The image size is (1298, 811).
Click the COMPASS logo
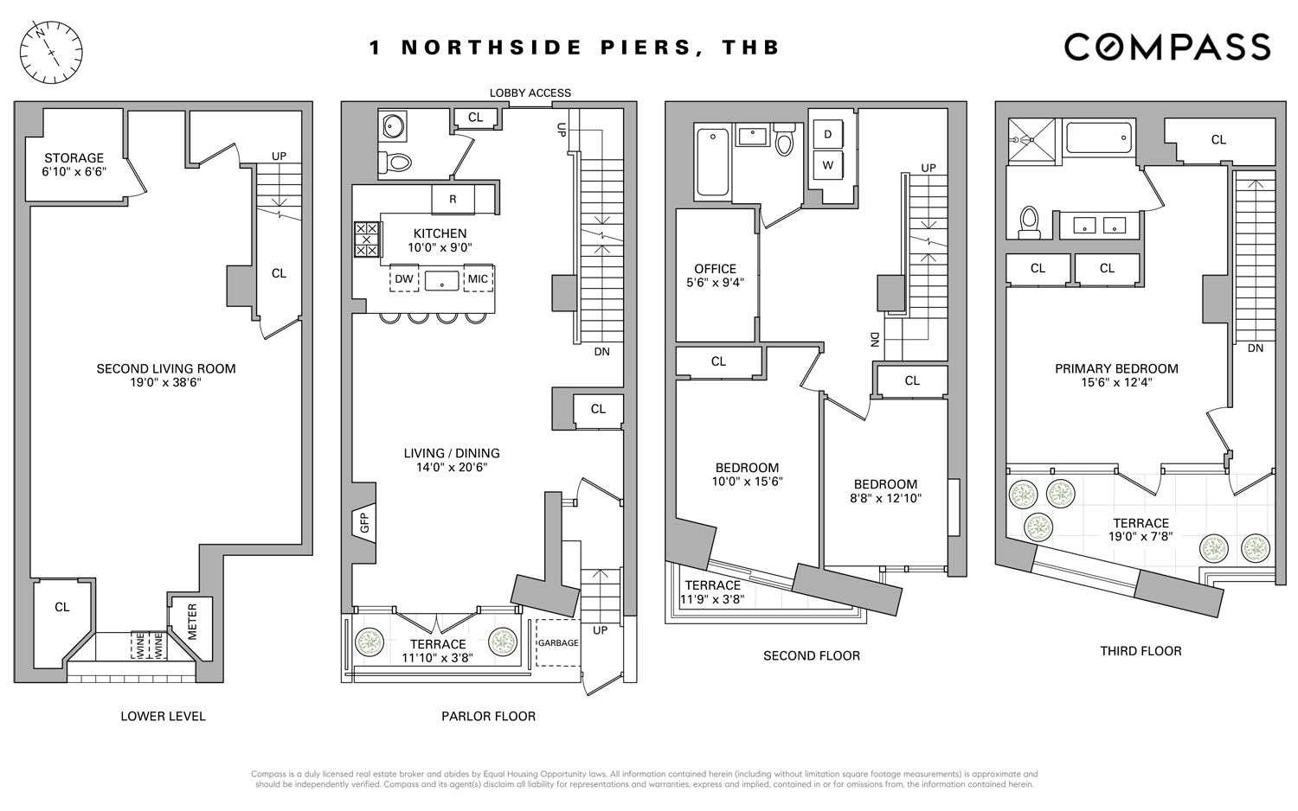tap(1166, 47)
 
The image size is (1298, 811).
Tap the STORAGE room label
tap(74, 158)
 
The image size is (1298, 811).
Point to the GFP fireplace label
tap(364, 523)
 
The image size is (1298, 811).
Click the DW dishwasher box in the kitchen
tap(404, 279)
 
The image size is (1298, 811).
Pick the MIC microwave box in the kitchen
tap(478, 279)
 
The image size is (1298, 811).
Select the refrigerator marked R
tap(453, 200)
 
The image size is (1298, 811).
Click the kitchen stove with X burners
tap(367, 239)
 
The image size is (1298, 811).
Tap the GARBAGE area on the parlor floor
tap(558, 643)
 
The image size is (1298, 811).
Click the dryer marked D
tap(828, 134)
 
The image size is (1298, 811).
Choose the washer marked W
tap(828, 165)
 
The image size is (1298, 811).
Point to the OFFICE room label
tap(715, 269)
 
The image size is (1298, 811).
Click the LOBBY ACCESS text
tap(530, 93)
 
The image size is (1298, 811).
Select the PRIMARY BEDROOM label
tap(1116, 368)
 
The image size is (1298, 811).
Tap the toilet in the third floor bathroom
tap(1029, 221)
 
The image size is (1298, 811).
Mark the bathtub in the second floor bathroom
tap(713, 162)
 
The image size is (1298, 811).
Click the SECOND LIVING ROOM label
tap(166, 368)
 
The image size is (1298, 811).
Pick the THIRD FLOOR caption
tap(1141, 651)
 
